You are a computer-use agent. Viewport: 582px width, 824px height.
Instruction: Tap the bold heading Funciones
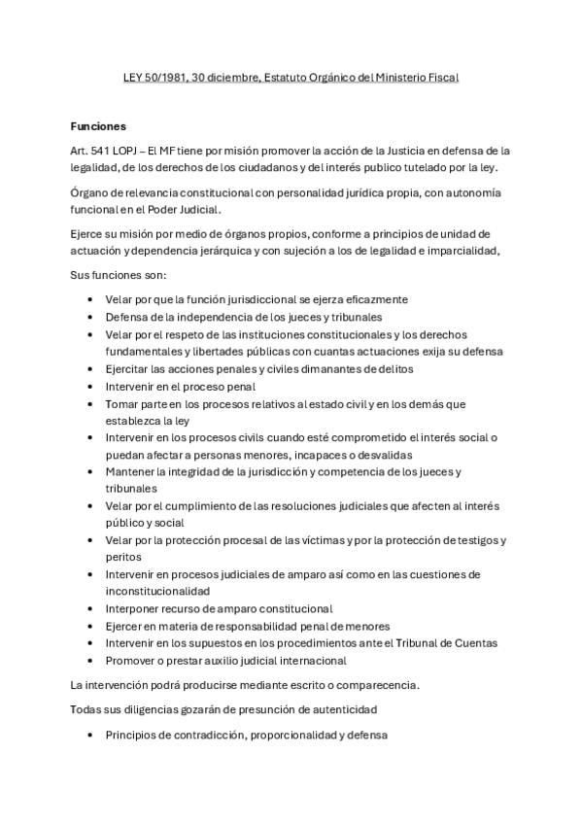click(98, 126)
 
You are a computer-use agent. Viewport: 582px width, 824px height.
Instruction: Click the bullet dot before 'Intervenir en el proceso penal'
click(90, 387)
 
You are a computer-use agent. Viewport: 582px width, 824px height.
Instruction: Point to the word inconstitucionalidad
click(166, 592)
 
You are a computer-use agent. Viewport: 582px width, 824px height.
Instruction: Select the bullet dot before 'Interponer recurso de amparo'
click(90, 608)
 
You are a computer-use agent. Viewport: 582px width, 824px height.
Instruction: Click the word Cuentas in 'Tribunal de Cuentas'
click(474, 643)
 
